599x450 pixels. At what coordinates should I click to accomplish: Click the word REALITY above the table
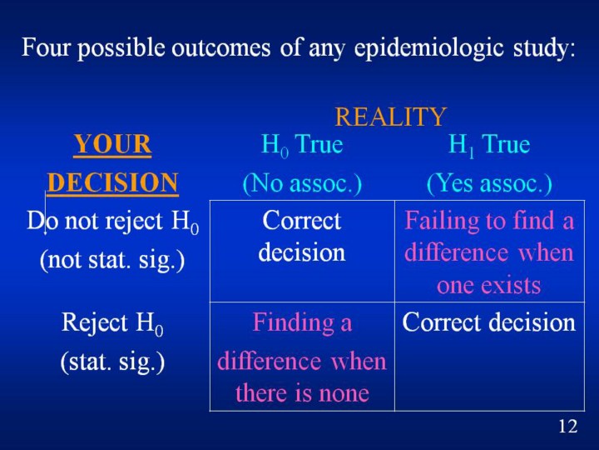pyautogui.click(x=390, y=117)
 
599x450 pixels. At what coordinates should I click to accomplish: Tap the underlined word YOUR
pyautogui.click(x=112, y=144)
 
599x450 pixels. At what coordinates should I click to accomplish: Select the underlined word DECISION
pyautogui.click(x=112, y=182)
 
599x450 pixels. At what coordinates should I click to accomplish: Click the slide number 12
pyautogui.click(x=567, y=426)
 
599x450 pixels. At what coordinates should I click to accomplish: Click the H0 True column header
pyautogui.click(x=302, y=145)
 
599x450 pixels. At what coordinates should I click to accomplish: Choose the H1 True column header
pyautogui.click(x=489, y=145)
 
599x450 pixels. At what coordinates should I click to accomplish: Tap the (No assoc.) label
pyautogui.click(x=302, y=183)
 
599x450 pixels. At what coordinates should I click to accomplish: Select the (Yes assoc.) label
pyautogui.click(x=489, y=183)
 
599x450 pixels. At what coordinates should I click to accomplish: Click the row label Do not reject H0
pyautogui.click(x=112, y=222)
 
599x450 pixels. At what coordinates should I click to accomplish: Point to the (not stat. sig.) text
pyautogui.click(x=112, y=260)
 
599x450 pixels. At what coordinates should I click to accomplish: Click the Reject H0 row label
pyautogui.click(x=112, y=323)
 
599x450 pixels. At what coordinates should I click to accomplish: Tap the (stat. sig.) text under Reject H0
pyautogui.click(x=112, y=362)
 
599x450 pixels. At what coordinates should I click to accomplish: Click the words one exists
pyautogui.click(x=489, y=286)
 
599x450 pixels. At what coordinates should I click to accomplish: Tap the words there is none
pyautogui.click(x=302, y=393)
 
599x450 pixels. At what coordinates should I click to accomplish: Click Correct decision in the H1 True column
pyautogui.click(x=489, y=322)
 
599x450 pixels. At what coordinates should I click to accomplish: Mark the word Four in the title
pyautogui.click(x=46, y=47)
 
